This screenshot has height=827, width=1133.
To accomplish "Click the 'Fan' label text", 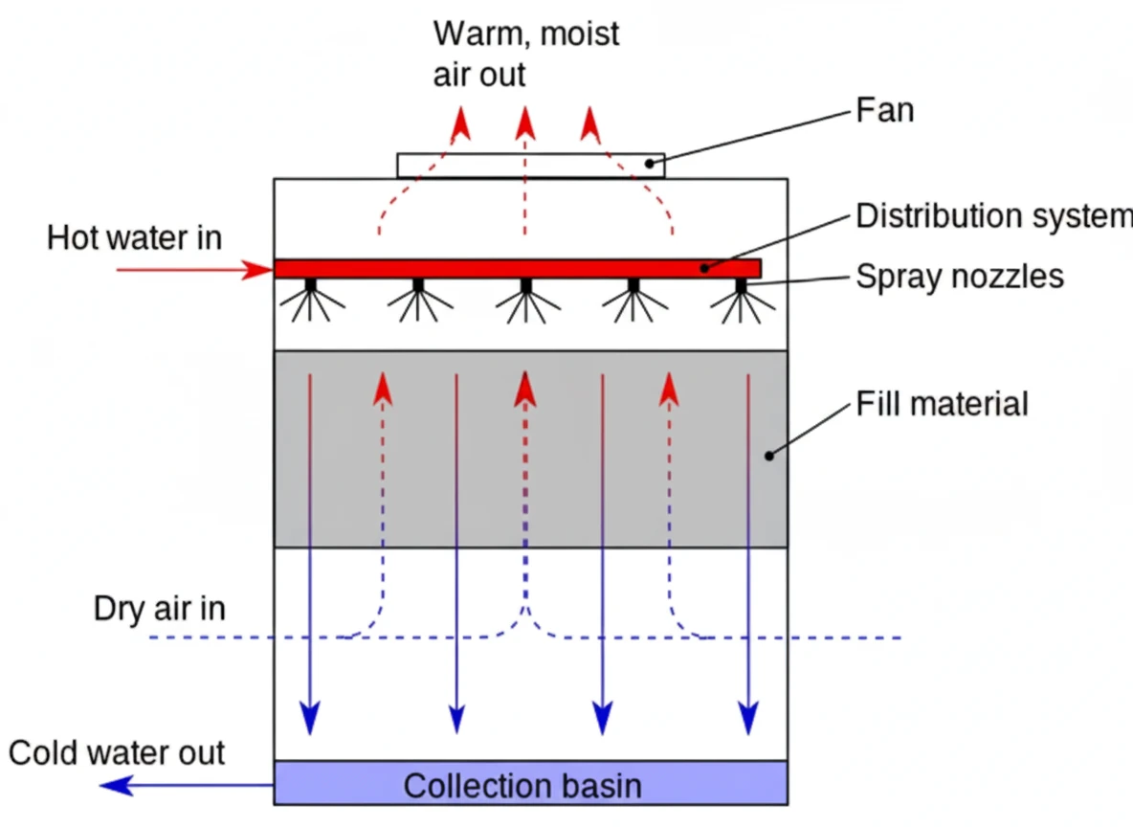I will click(884, 111).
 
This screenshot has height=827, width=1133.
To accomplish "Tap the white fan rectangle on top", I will click(530, 166).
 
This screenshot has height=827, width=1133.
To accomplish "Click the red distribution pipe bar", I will click(517, 268).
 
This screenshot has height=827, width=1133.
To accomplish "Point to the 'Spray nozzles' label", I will click(959, 277).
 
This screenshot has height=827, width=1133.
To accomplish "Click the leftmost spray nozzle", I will click(310, 286).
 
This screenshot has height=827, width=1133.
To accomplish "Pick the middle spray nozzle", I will click(525, 286).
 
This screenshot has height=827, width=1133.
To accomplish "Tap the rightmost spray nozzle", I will click(741, 286).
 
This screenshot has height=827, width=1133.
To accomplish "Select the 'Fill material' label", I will click(942, 404).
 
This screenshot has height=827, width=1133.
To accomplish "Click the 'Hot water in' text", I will click(134, 237).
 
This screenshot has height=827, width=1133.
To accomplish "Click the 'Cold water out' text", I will click(117, 752).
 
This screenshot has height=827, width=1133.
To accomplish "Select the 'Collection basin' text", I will click(522, 786).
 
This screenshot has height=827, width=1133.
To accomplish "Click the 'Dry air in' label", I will click(160, 609).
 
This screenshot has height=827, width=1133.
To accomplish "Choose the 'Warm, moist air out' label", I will click(525, 54).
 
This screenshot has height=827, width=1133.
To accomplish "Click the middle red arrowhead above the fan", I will click(524, 123).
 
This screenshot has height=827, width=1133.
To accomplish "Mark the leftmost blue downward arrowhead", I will click(310, 716).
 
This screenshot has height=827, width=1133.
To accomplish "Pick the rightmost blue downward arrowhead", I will click(747, 716).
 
